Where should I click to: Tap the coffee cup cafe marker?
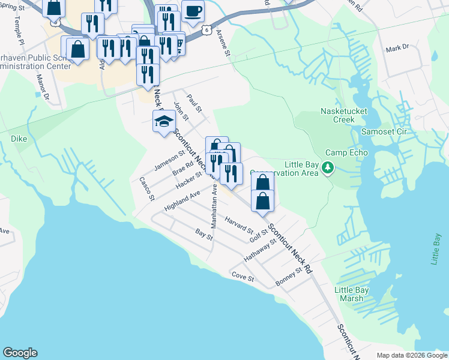click(193, 11)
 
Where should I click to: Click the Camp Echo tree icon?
click(328, 167)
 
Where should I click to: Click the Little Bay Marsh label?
click(351, 294)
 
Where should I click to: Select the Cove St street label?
click(243, 278)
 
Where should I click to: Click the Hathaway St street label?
click(259, 250)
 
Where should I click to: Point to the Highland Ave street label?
click(181, 202)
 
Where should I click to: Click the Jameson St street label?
click(169, 161)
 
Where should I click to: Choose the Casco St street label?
click(147, 188)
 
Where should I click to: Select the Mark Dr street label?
click(397, 47)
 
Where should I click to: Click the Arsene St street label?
click(223, 43)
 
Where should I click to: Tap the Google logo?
click(20, 353)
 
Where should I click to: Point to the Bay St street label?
click(205, 234)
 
